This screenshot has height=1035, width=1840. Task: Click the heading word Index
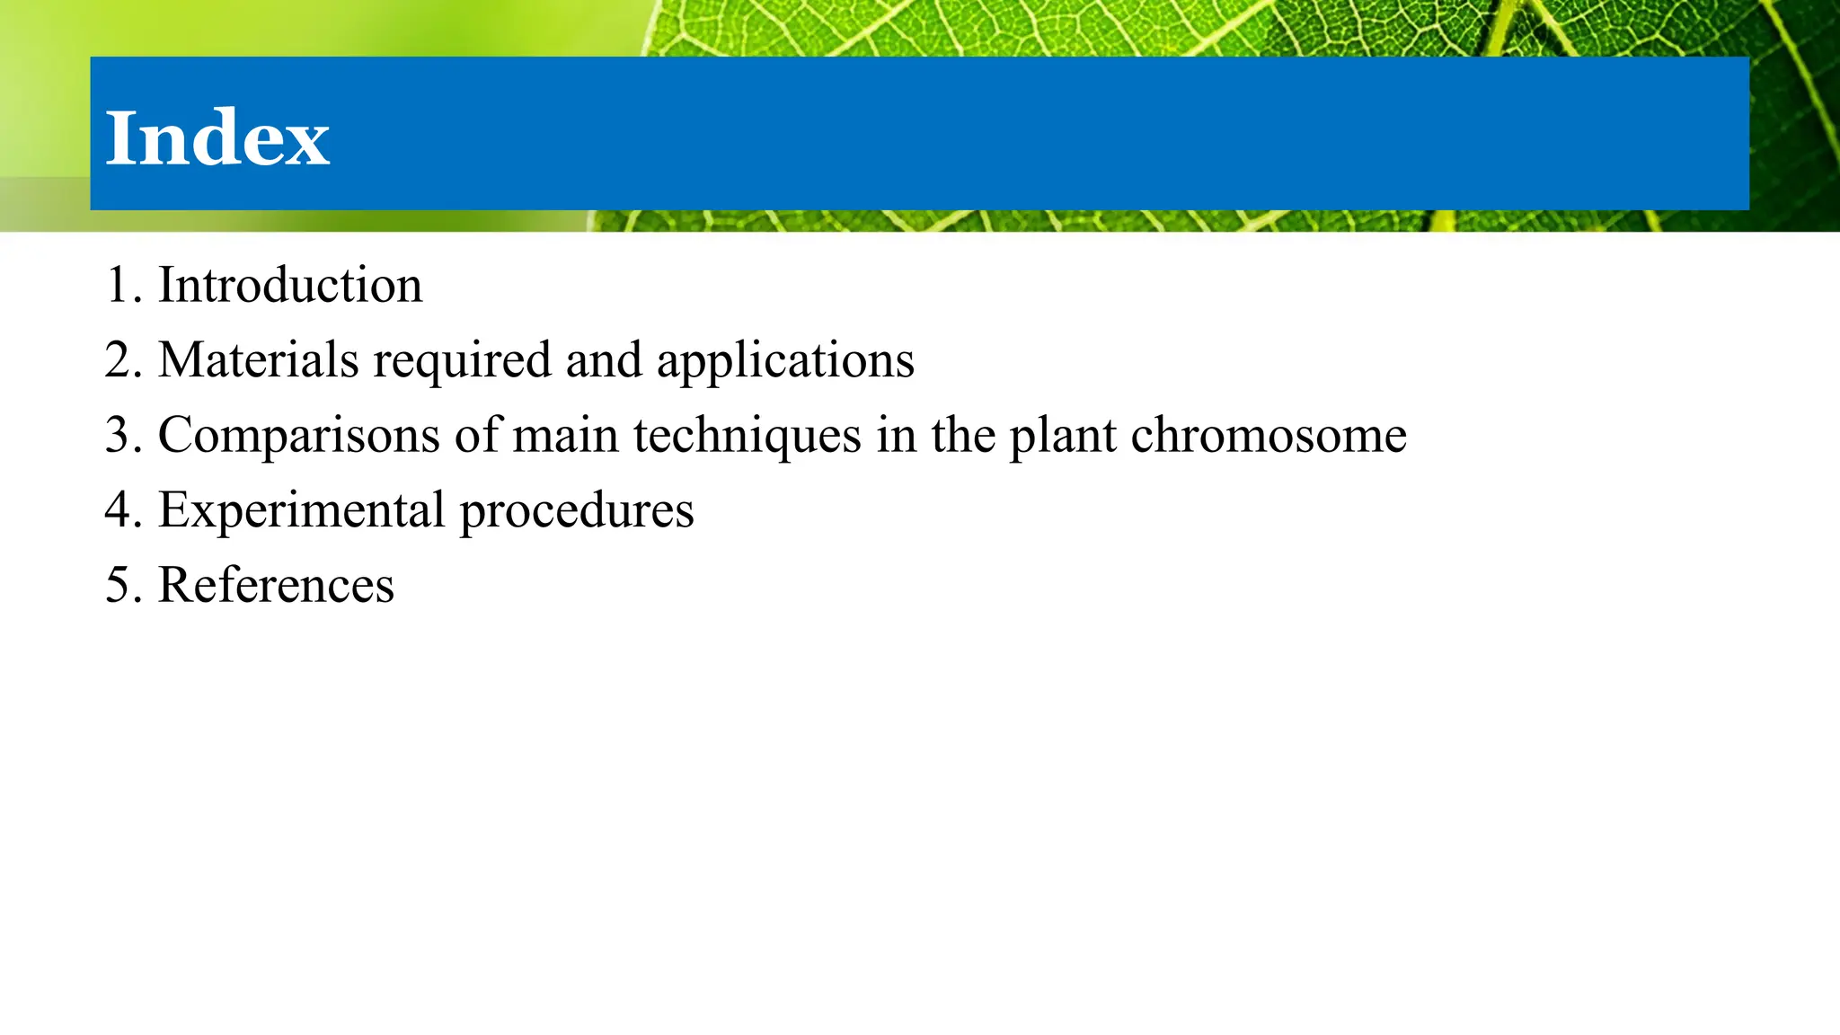(x=217, y=138)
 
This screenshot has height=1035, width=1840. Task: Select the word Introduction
(x=290, y=286)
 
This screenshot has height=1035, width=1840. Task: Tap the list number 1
(x=118, y=286)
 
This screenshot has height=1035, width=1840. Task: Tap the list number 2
(x=118, y=360)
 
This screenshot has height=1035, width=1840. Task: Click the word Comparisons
(x=299, y=436)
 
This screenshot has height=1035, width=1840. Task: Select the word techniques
(x=747, y=436)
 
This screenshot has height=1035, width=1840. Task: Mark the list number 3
(x=118, y=436)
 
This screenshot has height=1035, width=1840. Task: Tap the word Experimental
(x=302, y=511)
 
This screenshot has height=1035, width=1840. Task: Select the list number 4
(x=118, y=510)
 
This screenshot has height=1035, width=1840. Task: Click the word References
(x=276, y=586)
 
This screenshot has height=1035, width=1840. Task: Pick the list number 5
(x=118, y=586)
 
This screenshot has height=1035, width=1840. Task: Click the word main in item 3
(x=566, y=436)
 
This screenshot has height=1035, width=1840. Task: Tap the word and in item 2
(x=604, y=360)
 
